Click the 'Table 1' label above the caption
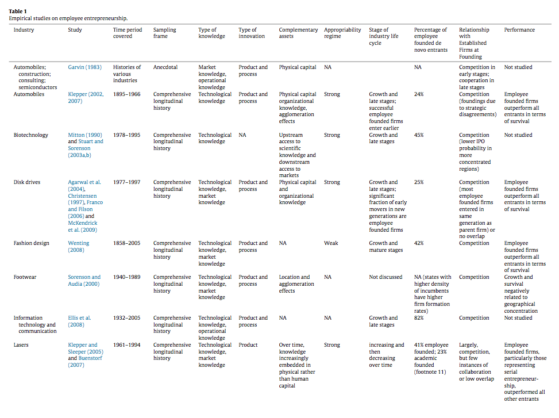(18, 11)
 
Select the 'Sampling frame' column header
(165, 33)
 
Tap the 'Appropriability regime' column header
(342, 33)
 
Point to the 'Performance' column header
(519, 30)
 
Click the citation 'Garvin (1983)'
(84, 67)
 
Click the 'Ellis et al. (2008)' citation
(79, 321)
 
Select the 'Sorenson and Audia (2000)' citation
(84, 281)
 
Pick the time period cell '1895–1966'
(127, 94)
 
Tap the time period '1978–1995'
(127, 135)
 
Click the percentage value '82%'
(419, 318)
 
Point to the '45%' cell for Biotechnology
(419, 135)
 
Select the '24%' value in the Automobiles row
(419, 94)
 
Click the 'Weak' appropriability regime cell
(331, 243)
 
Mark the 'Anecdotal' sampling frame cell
(167, 67)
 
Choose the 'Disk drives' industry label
(28, 182)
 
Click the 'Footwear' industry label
(25, 277)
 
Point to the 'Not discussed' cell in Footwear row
(385, 277)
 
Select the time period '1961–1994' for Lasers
(127, 345)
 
